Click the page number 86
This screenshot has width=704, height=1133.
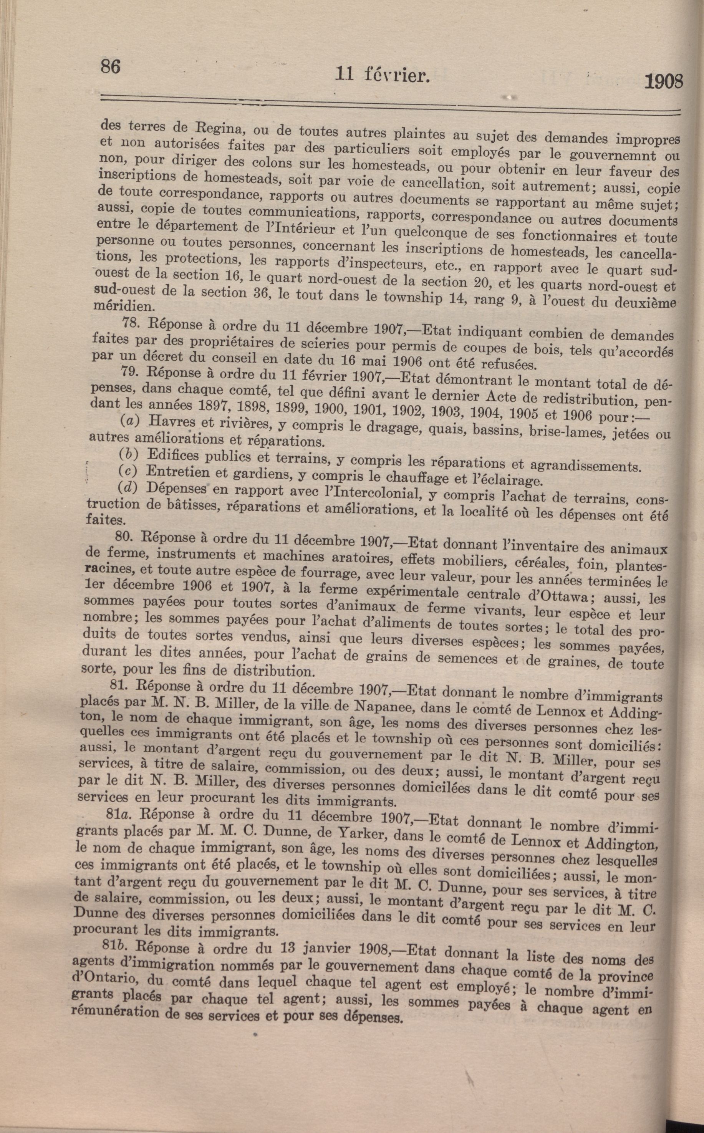(110, 66)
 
